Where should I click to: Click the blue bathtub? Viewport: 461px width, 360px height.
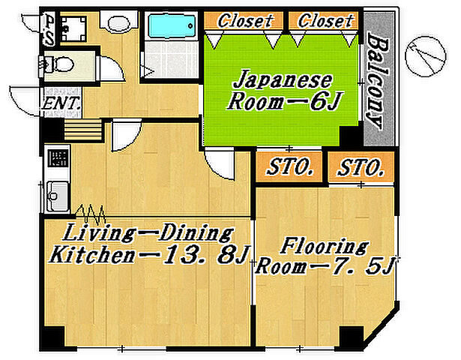[172, 26]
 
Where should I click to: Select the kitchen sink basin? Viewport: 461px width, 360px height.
[58, 196]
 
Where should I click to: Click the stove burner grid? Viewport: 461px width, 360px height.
[58, 158]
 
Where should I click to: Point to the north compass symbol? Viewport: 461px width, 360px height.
[425, 56]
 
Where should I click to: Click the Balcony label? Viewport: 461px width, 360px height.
[378, 80]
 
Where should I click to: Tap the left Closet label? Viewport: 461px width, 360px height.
[244, 21]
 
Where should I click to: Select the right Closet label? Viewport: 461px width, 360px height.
[325, 21]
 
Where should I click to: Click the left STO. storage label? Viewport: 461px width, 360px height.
[289, 167]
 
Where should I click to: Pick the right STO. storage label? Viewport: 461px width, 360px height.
[361, 168]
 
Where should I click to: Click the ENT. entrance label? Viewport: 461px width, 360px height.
[61, 103]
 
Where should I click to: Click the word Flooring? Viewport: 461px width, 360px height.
[325, 247]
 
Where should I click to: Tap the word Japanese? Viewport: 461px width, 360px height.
[283, 80]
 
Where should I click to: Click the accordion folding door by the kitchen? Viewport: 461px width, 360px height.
[91, 214]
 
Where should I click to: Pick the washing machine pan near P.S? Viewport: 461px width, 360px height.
[73, 28]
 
